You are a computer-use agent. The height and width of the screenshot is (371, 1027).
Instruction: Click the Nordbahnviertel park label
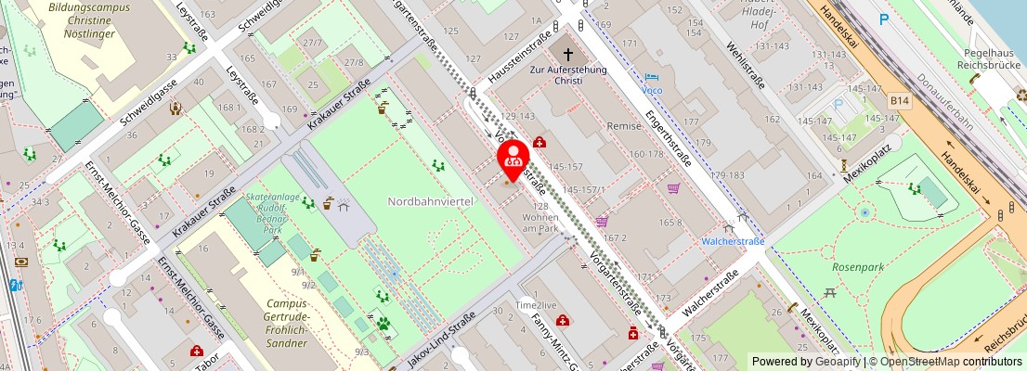coord(431,201)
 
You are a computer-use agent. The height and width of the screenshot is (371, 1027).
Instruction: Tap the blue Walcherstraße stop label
coord(733,241)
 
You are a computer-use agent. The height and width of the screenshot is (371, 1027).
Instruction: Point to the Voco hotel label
coord(653,90)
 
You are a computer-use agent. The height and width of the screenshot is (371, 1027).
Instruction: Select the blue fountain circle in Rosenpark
coord(864,212)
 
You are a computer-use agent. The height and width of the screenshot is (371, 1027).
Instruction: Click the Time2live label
coord(537,305)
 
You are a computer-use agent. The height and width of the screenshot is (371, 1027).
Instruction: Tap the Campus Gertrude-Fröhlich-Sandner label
coord(286,323)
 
